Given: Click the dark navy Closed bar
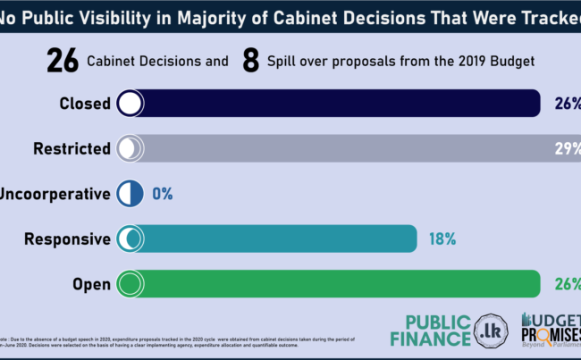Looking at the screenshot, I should [x=340, y=103].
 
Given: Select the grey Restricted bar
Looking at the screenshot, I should [x=358, y=148].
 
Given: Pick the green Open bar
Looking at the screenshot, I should [x=340, y=284].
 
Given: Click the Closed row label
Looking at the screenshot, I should [x=85, y=104].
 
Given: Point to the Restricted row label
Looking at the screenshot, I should [x=72, y=149].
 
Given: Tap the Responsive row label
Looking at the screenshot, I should [x=67, y=239].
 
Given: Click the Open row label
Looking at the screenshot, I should [x=91, y=284].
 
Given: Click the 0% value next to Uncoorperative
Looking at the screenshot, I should [x=162, y=194].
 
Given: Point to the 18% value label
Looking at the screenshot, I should [x=442, y=239].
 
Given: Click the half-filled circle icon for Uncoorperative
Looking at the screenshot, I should [x=130, y=194].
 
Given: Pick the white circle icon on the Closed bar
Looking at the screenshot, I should [x=130, y=104].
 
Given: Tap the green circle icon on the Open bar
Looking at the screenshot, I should [x=130, y=284].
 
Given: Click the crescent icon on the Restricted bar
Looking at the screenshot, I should [x=130, y=148].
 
